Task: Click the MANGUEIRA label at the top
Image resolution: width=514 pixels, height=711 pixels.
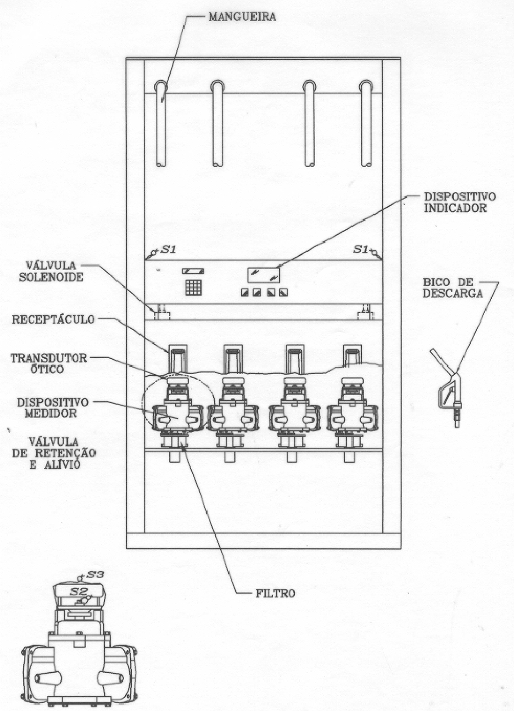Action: [242, 17]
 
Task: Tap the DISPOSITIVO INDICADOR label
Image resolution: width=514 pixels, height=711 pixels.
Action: [459, 202]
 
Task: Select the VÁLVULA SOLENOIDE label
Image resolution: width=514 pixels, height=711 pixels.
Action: [51, 271]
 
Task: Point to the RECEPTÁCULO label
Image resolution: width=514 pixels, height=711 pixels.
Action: [54, 319]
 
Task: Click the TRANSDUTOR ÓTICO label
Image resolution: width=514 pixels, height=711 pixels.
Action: [49, 363]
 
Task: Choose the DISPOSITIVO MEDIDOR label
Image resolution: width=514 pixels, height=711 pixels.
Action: [52, 407]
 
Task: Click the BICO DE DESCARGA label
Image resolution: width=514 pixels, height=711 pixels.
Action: [453, 288]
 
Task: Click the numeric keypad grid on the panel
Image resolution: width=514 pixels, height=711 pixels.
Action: [193, 288]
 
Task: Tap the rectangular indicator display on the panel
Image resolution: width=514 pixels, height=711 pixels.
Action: [264, 275]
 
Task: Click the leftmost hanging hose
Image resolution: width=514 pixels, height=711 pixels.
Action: [162, 124]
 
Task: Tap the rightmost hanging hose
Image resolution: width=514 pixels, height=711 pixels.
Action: [366, 124]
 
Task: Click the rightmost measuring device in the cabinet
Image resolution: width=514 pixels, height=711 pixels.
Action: [353, 409]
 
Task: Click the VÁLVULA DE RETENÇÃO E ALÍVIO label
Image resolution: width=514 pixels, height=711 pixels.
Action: [54, 453]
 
